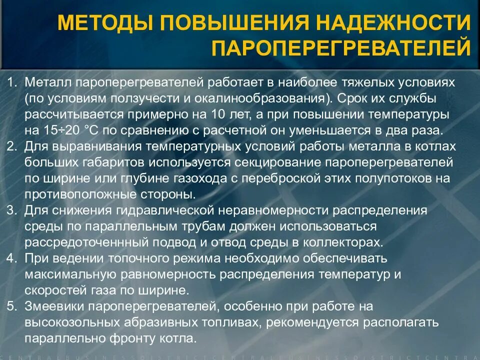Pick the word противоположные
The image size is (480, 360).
point(79,194)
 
